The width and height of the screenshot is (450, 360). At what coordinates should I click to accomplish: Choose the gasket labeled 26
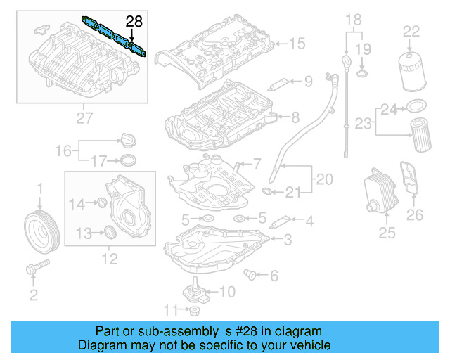[408, 181]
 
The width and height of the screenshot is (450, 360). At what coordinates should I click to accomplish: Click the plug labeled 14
[100, 204]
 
